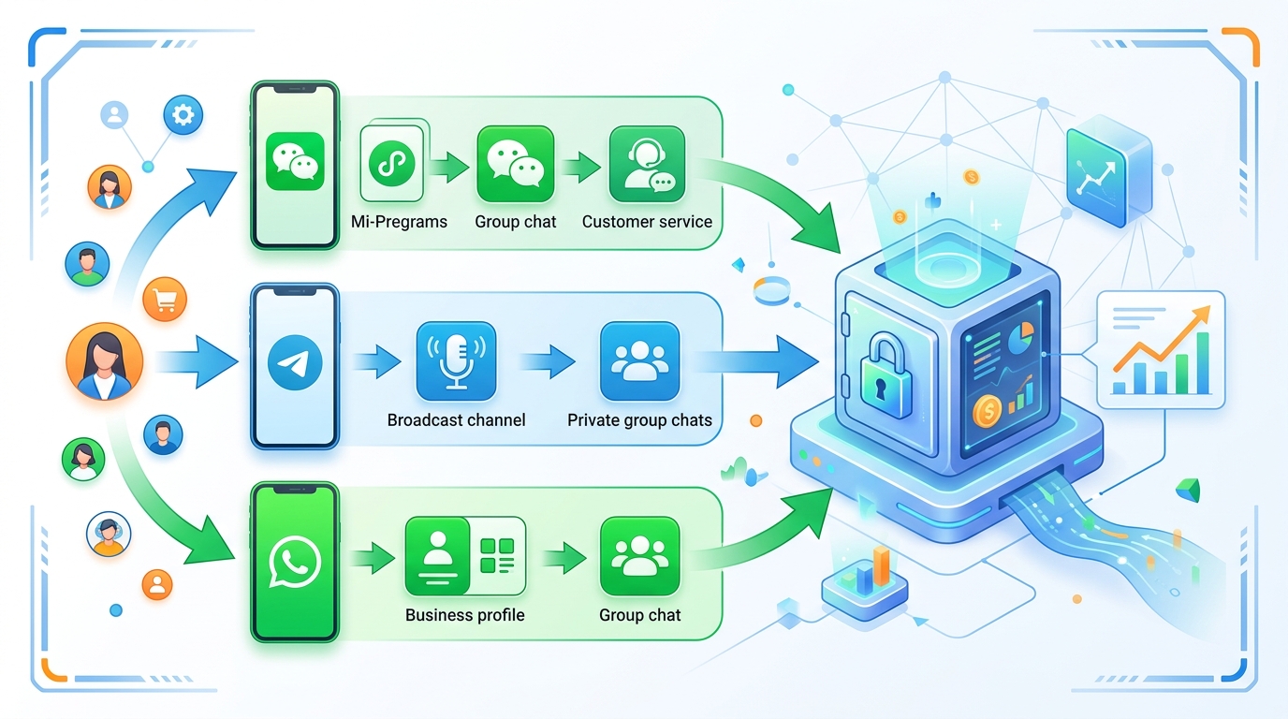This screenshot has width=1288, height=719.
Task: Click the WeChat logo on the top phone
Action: pos(295,161)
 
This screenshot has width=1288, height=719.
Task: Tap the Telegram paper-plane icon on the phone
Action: pos(295,362)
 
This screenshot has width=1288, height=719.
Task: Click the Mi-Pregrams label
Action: pos(399,222)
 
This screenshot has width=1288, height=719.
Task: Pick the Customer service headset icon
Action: pos(647,165)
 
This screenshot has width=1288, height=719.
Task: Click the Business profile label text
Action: pos(464,615)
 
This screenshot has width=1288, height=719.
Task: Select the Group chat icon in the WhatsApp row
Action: pos(639,555)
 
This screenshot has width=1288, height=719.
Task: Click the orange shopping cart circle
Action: pos(165,300)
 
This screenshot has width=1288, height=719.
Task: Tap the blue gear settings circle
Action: pos(183,115)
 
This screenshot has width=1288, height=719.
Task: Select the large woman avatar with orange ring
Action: pos(105,361)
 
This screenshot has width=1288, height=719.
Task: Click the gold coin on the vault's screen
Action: pos(988,410)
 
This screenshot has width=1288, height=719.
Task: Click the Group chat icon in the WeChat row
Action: pos(515,165)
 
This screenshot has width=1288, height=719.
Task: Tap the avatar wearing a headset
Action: pos(109,534)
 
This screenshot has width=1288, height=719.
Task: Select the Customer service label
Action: pos(647,222)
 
